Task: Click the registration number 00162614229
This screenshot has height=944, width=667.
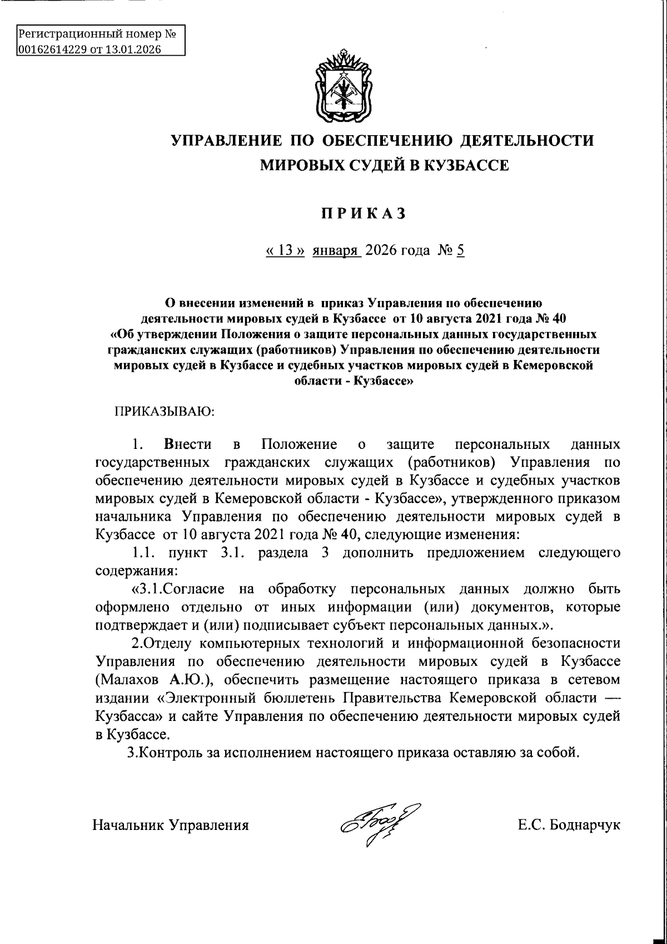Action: (52, 50)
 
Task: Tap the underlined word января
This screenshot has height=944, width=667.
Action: (337, 250)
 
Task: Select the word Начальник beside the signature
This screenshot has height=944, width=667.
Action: (128, 824)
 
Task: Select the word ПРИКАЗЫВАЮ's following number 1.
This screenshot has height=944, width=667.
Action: (138, 445)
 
